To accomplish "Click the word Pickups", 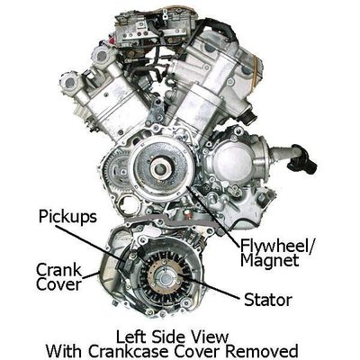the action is [x=67, y=217].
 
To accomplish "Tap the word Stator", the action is [x=268, y=300].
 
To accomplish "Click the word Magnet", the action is [x=269, y=260].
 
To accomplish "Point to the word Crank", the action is [x=58, y=270].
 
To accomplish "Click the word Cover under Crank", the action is [x=58, y=284].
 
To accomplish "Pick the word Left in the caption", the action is [x=130, y=337].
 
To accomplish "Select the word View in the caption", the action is [x=211, y=337].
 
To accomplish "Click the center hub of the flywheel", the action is [x=161, y=169].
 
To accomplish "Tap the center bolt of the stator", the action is [x=165, y=278].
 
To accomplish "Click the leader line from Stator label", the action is [x=209, y=286].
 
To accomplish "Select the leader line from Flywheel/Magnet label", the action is [x=212, y=217].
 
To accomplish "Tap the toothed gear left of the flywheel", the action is [x=115, y=172].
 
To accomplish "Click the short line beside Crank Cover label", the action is [x=90, y=274].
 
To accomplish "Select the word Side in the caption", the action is [x=170, y=337].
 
